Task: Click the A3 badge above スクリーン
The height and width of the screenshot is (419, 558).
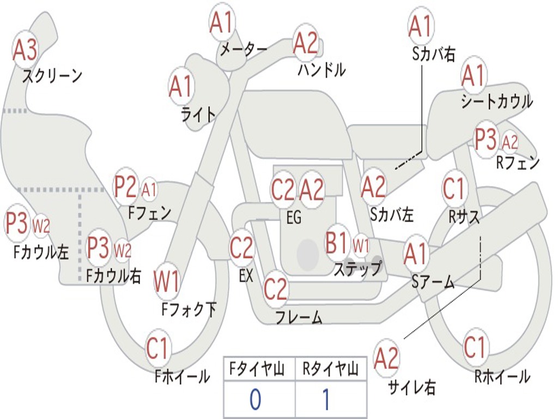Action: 25,50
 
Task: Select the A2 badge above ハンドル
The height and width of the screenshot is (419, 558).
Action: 305,43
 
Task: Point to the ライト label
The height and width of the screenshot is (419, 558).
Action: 198,115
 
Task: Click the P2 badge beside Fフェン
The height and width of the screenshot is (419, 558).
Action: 125,187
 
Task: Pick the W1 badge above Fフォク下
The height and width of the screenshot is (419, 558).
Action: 166,282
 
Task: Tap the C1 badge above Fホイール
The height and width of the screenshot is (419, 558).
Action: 159,348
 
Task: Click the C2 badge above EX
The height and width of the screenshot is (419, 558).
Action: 241,249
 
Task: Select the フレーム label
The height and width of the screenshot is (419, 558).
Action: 299,317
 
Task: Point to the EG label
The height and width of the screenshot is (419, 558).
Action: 294,218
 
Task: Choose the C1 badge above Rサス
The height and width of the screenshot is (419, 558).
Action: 453,189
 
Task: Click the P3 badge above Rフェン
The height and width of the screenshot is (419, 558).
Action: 486,140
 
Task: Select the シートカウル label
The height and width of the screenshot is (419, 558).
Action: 496,102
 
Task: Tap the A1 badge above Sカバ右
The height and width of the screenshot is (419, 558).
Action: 420,26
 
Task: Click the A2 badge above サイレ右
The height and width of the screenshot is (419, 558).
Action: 386,358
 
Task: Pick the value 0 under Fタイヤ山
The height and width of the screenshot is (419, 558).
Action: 255,400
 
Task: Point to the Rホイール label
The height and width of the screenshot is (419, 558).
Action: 502,376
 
